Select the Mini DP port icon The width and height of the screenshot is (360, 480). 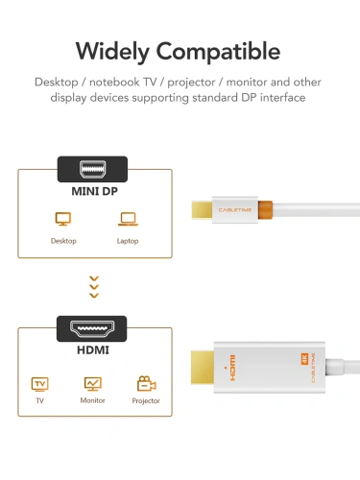(93, 170)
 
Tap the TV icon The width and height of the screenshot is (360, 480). (40, 384)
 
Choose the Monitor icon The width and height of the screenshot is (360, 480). (92, 384)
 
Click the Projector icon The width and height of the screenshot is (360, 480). (147, 384)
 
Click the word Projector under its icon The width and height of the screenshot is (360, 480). (146, 401)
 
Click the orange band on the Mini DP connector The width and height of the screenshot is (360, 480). (267, 207)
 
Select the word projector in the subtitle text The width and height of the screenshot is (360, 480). (179, 82)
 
